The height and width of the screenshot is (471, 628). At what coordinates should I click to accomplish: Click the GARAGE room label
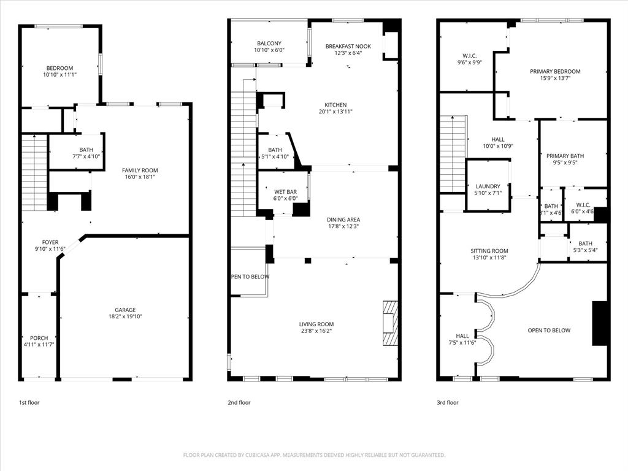coord(125,310)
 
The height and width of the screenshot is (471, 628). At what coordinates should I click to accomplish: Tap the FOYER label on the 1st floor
coord(50,242)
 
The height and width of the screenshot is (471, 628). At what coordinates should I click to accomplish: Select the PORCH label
coord(39,338)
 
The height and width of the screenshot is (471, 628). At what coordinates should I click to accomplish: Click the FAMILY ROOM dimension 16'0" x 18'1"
coord(140,178)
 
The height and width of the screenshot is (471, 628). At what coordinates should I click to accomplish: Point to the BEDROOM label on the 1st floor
coord(59,67)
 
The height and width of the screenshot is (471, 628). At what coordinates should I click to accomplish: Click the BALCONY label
coord(269,43)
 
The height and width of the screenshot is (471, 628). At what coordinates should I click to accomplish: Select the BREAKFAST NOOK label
coord(348,46)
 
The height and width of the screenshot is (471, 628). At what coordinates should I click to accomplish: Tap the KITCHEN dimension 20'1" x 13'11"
coord(335,112)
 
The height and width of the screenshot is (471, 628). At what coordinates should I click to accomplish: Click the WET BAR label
coord(285,191)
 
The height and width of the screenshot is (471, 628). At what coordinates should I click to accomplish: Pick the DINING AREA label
coord(343,220)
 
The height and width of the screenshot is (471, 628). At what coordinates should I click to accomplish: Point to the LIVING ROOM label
coord(316,324)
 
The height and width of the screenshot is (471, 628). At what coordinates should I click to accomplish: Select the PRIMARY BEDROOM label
coord(555,71)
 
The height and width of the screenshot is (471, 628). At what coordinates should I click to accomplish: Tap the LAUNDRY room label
coord(488,186)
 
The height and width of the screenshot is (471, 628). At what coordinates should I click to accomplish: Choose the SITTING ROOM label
coord(489,251)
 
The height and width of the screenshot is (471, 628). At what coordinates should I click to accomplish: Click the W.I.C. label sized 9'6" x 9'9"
coord(469,55)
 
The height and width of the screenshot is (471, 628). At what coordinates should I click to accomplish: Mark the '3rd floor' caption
coord(448,403)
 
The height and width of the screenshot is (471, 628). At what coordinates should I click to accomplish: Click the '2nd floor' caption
coord(239,403)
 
